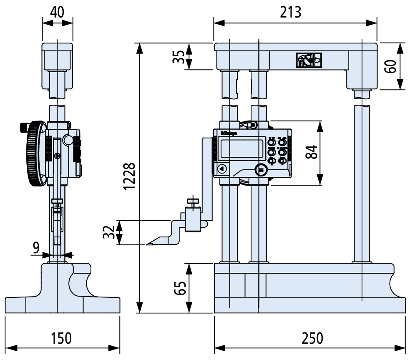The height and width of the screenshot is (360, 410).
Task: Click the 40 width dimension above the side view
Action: [57, 12]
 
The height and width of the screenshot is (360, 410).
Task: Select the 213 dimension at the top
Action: [290, 12]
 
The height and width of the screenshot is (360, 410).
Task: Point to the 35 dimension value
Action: [178, 56]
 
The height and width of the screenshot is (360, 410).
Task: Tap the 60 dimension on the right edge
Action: [390, 66]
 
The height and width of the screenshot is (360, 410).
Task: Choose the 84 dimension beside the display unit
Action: [311, 152]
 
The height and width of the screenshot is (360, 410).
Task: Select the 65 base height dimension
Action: [179, 288]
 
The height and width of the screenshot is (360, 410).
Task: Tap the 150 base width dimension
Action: [62, 338]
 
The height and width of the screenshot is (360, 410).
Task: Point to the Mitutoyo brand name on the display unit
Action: [228, 133]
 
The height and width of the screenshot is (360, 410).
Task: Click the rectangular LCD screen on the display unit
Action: [241, 148]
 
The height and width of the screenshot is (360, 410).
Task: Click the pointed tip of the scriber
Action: [148, 244]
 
